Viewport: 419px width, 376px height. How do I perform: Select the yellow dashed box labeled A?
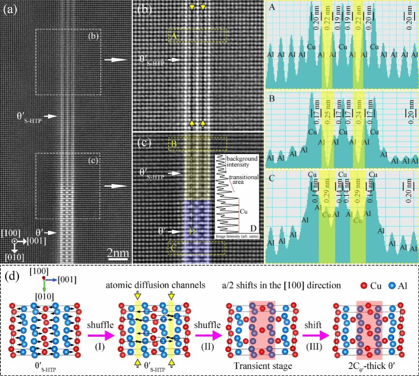tap(198, 36)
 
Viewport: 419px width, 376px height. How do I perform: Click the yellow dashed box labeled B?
tap(198, 144)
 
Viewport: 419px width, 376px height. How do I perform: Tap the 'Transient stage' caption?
tap(263, 366)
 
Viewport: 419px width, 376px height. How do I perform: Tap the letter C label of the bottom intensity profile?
tap(272, 178)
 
